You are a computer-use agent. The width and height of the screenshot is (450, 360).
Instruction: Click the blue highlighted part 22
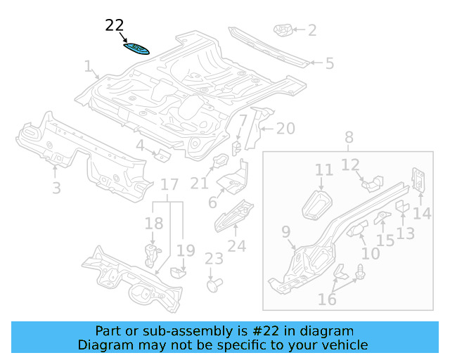[x=136, y=48]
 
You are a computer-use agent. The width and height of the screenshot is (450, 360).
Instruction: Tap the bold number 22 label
[x=115, y=26]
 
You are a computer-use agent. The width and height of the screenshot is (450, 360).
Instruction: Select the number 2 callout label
[x=312, y=30]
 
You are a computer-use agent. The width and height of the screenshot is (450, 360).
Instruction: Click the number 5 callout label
[x=329, y=63]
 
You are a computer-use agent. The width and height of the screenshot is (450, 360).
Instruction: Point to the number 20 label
[x=285, y=129]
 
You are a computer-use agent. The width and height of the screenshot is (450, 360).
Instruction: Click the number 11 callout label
[x=324, y=170]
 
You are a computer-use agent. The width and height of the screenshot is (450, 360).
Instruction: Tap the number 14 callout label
[x=422, y=213]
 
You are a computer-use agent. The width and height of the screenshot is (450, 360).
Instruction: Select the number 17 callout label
[x=169, y=186]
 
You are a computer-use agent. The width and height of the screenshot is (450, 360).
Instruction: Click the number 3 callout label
[x=56, y=188]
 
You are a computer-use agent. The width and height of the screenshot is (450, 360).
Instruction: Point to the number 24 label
[x=237, y=246]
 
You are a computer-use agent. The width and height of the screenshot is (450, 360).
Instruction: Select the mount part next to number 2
[x=283, y=31]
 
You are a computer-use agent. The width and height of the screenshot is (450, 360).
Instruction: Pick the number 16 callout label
[x=327, y=300]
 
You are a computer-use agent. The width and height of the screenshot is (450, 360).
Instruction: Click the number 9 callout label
[x=285, y=232]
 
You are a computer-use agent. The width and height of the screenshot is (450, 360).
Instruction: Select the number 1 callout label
[x=89, y=67]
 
